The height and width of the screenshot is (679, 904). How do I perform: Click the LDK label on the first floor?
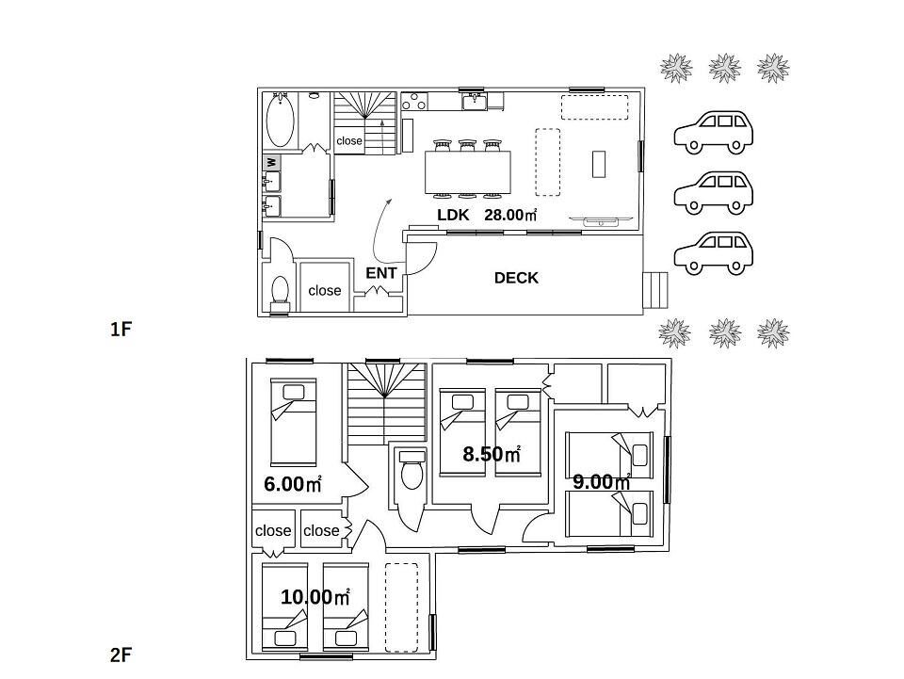453,215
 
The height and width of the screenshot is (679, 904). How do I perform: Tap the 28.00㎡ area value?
510,215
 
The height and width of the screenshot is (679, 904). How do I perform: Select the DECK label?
516,278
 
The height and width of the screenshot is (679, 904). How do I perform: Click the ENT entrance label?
381,273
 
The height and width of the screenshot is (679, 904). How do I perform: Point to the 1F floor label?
121,329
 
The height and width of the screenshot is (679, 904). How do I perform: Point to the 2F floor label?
121,655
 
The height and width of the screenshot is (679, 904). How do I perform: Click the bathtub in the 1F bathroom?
281,121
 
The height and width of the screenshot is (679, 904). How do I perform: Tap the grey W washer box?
271,163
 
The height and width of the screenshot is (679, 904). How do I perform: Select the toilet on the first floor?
281,290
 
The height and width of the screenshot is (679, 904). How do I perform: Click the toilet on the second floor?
412,470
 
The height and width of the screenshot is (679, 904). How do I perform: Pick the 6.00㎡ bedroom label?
292,483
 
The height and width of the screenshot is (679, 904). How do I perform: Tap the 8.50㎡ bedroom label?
492,454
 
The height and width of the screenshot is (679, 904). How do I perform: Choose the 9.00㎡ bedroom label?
602,481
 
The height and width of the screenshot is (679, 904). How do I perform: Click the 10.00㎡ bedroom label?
315,596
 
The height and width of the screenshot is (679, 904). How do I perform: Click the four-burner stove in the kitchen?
414,101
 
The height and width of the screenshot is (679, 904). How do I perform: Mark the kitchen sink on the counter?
475,102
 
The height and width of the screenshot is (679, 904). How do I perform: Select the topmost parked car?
714,133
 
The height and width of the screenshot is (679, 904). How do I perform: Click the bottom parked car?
714,252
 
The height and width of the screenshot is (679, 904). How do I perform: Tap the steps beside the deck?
655,289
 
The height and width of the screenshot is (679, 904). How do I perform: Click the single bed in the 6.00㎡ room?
294,422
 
